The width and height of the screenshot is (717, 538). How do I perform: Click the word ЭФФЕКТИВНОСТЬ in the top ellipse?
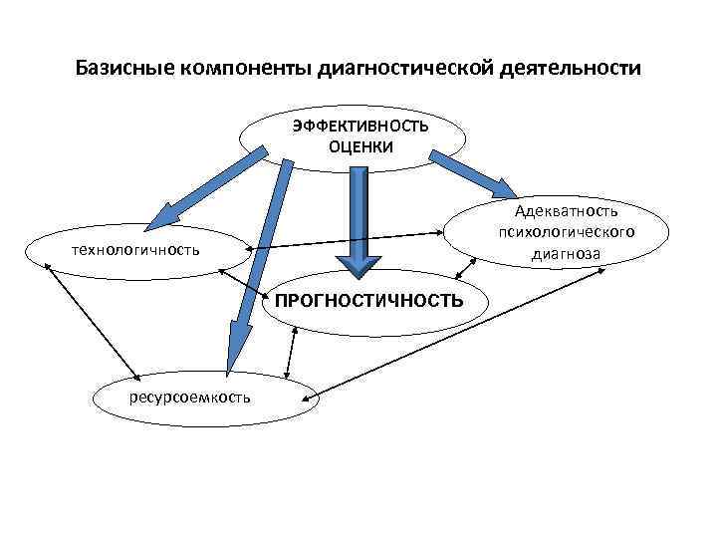pos(360,127)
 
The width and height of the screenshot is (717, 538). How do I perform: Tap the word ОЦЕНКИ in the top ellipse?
pos(360,147)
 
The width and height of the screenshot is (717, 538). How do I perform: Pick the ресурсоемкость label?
pos(190,399)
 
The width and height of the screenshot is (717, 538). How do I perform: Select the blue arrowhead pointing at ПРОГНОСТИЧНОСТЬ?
pos(358,261)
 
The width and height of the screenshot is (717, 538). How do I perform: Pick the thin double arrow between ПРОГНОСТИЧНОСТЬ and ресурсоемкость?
pos(291,353)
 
